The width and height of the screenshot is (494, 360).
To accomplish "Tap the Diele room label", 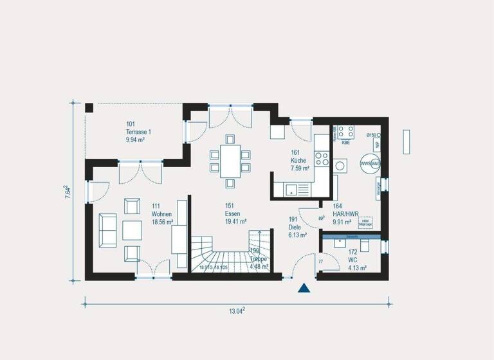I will pyautogui.click(x=295, y=227).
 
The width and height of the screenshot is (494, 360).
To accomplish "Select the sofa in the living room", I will pyautogui.click(x=107, y=230).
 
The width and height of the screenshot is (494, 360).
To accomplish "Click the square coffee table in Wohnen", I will pyautogui.click(x=133, y=230).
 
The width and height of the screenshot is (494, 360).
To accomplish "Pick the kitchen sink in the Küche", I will pyautogui.click(x=291, y=189).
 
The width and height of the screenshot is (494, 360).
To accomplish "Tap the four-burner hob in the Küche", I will pyautogui.click(x=322, y=156).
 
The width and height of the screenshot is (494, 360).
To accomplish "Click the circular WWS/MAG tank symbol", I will pyautogui.click(x=370, y=163).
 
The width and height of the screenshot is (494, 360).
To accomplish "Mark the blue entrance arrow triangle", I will pyautogui.click(x=304, y=288).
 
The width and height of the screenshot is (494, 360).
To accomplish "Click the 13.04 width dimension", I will pyautogui.click(x=237, y=311).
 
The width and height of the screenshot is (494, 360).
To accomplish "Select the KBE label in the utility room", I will pyautogui.click(x=345, y=142).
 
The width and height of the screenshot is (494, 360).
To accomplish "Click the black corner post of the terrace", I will pyautogui.click(x=89, y=107).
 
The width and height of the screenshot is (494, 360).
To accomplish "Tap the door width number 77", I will pyautogui.click(x=321, y=262).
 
